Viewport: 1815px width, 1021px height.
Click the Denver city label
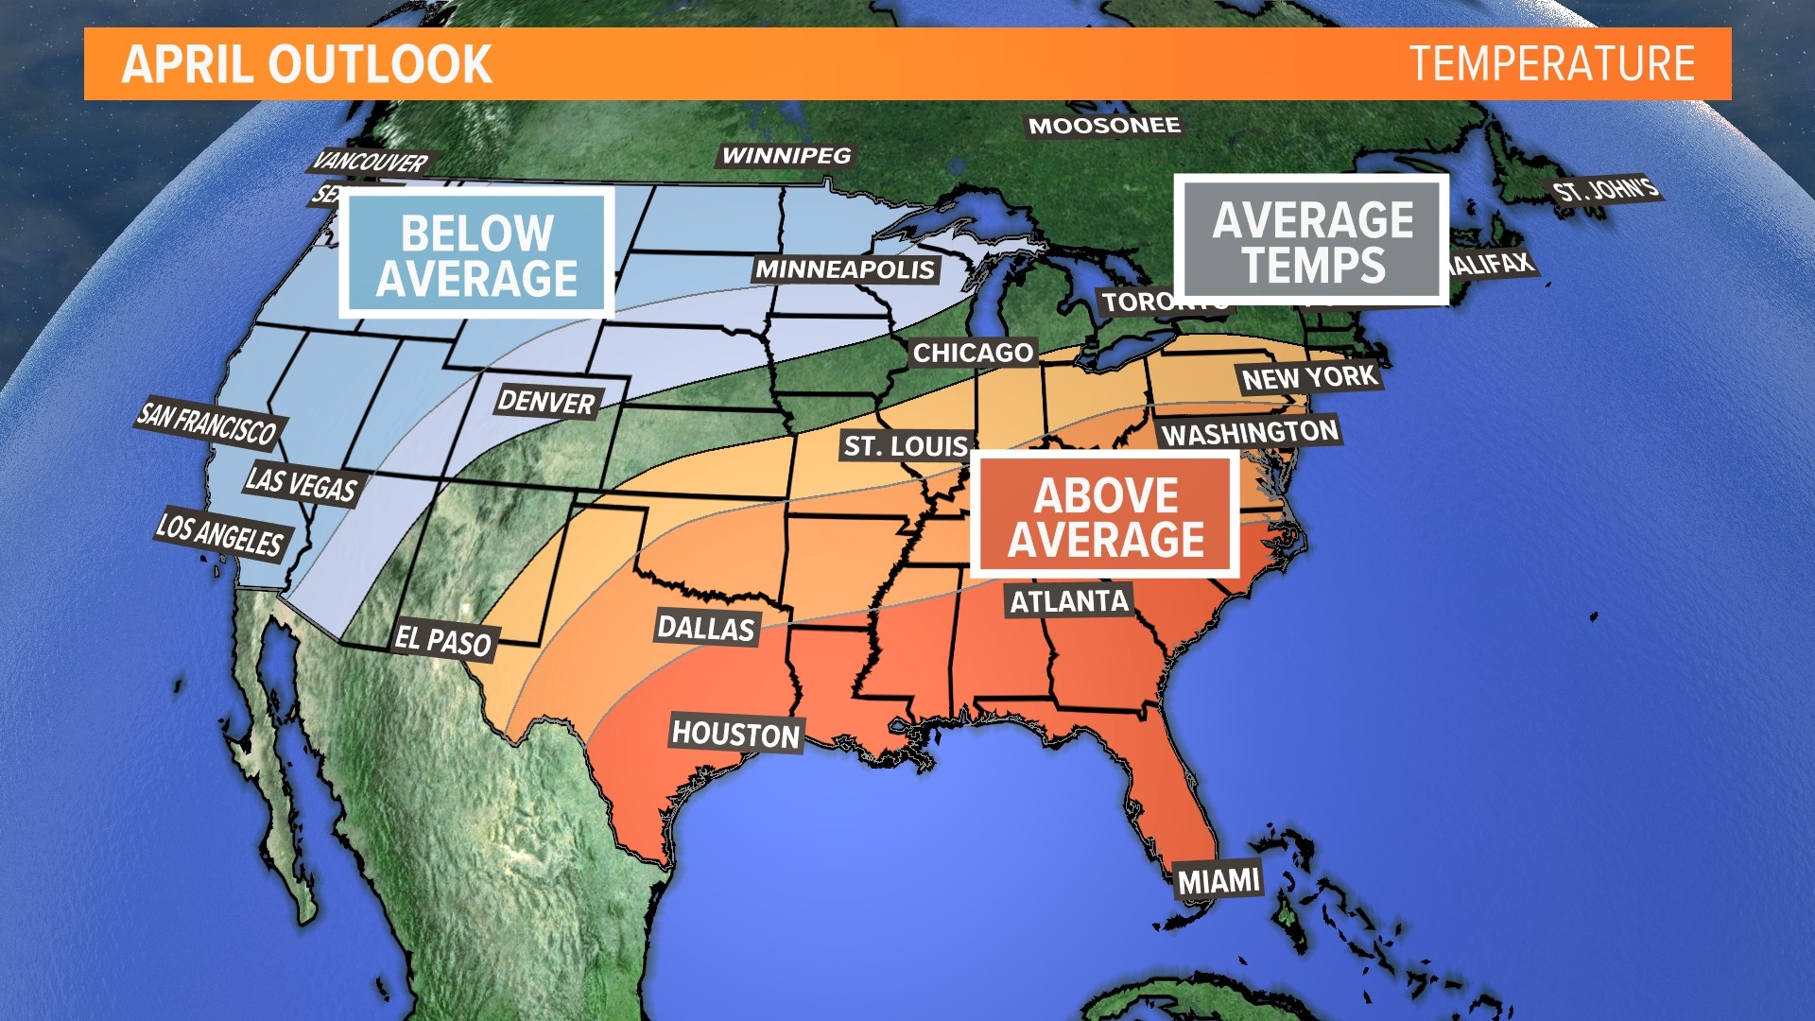546,402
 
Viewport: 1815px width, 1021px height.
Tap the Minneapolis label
845,269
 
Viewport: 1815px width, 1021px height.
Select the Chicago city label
973,353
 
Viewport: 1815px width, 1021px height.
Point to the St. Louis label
906,446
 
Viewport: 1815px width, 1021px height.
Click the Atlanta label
1069,601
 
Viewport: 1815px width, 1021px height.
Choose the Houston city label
735,734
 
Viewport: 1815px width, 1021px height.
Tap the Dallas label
706,628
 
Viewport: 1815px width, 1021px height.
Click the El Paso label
442,641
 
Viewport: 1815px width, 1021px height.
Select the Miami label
1219,881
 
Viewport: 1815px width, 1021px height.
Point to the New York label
1309,378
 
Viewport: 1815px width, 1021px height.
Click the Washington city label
1250,433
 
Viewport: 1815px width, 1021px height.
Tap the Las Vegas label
301,485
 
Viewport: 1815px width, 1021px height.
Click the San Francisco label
208,423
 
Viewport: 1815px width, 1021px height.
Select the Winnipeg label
786,156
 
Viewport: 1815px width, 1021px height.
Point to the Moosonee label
1104,126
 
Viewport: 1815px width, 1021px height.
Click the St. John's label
1605,190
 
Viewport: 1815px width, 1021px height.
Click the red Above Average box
1105,516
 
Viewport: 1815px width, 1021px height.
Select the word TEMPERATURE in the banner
1552,64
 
